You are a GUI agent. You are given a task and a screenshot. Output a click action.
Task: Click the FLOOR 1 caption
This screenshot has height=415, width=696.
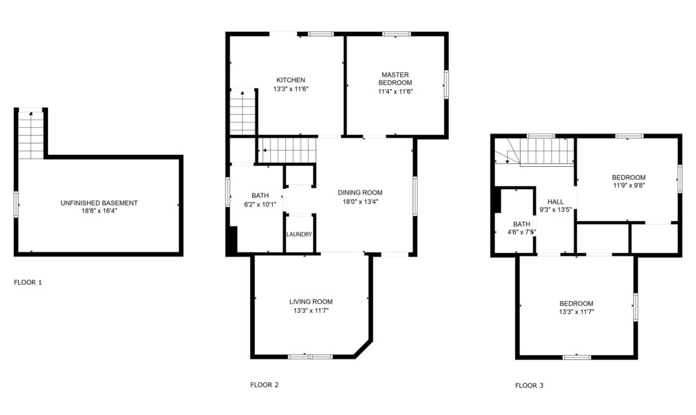(28, 282)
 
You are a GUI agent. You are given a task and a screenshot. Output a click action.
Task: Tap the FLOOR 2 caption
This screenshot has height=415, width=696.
(264, 385)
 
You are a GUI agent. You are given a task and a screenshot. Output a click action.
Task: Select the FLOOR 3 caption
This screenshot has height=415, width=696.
(529, 386)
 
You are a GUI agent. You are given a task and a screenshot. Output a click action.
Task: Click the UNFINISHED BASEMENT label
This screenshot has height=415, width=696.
(99, 203)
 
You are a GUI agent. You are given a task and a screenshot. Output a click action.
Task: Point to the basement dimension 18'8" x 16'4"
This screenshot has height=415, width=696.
(99, 211)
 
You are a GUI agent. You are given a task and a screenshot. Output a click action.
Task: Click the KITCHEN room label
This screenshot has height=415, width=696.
(291, 80)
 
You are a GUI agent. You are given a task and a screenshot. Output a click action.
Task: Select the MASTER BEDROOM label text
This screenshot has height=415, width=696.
(395, 79)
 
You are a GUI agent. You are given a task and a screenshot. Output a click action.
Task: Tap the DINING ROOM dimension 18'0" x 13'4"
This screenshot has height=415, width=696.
(360, 202)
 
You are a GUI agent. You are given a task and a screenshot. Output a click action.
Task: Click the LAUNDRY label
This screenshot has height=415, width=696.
(299, 234)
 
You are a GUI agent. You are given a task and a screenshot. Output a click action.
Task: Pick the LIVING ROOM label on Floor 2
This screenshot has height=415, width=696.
(310, 302)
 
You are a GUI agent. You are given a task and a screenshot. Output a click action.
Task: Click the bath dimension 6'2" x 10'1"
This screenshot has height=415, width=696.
(260, 204)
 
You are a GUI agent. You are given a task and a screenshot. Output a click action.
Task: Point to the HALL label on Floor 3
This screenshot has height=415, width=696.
(555, 202)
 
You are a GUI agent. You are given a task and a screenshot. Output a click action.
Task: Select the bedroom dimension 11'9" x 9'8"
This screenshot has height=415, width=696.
(628, 186)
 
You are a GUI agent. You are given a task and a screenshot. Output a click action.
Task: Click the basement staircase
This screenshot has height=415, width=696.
(31, 135)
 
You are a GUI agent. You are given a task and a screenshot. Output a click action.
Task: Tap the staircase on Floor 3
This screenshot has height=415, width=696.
(535, 152)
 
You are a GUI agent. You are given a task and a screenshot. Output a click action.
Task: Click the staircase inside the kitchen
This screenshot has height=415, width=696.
(243, 112)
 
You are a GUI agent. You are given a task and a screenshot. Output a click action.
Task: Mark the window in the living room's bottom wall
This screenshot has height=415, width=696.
(310, 357)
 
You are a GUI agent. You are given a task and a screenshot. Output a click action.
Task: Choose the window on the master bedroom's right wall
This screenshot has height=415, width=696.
(446, 84)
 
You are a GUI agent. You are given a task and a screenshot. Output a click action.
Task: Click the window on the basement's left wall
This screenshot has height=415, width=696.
(16, 204)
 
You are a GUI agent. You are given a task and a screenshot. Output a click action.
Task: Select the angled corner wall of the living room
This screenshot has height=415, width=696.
(362, 348)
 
